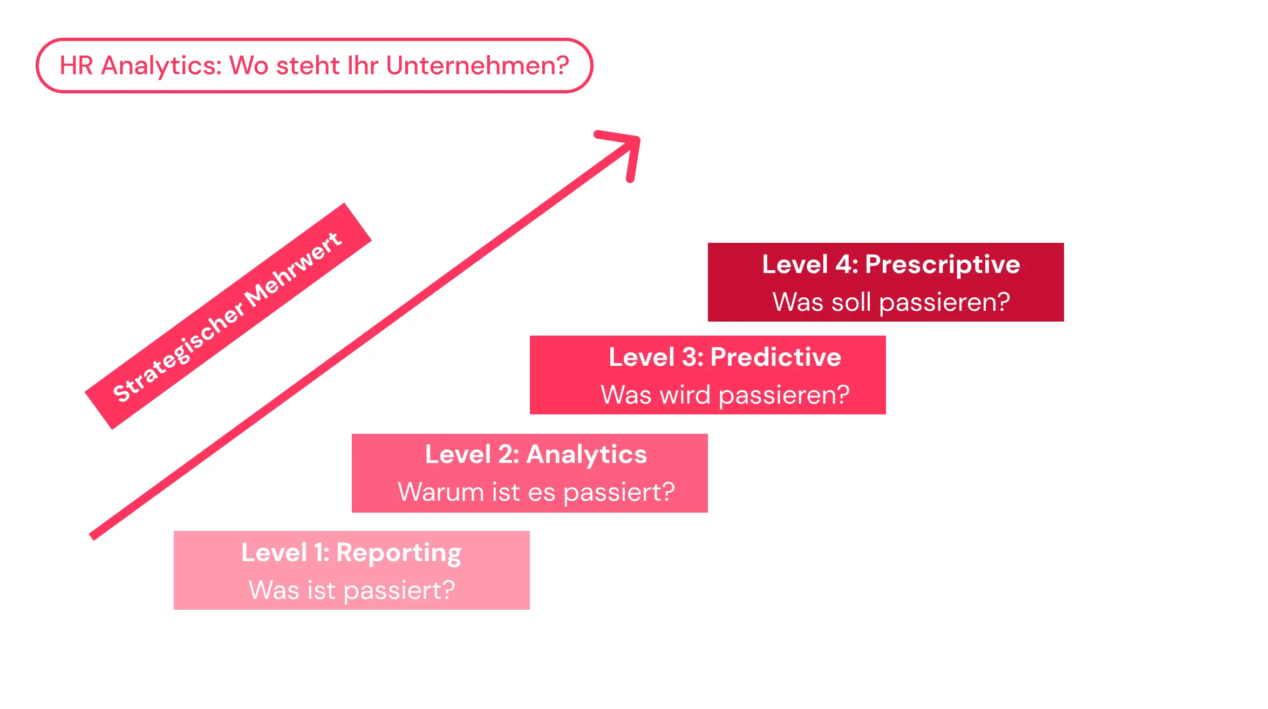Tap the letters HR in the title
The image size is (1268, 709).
[76, 66]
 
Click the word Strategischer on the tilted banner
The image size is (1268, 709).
[178, 353]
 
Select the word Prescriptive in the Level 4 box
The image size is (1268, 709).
[942, 265]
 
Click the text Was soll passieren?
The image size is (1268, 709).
[891, 302]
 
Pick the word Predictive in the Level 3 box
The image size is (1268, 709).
[775, 357]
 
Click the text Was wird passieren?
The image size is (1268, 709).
[725, 395]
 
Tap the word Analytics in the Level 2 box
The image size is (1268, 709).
[586, 455]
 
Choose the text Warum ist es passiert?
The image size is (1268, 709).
[536, 492]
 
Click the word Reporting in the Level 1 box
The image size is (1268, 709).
[399, 553]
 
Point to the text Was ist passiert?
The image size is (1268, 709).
[351, 590]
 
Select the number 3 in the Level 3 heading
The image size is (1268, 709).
[690, 357]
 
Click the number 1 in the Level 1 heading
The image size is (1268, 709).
[319, 553]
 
